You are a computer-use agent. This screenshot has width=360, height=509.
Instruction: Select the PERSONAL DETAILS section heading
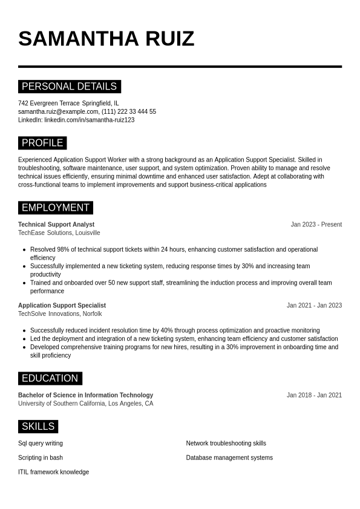coord(69,87)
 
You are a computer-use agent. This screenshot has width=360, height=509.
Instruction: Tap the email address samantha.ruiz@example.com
coord(58,111)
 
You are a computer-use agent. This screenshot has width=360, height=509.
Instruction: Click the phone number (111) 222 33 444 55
coord(129,111)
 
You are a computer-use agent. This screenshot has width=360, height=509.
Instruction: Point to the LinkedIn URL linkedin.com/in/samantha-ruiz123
coord(90,120)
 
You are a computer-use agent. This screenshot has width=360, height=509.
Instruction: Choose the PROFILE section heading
coord(42,143)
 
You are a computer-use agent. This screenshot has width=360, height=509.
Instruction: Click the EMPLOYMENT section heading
coord(55,208)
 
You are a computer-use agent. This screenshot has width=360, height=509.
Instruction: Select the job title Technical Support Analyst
coord(56,225)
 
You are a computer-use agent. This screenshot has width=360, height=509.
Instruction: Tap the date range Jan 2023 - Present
coord(316,225)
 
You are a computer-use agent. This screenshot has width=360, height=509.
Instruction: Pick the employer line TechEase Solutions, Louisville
coord(59,233)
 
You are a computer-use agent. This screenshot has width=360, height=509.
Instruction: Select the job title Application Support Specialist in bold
coord(62,306)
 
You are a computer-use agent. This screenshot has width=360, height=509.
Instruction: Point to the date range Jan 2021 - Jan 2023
coord(314,306)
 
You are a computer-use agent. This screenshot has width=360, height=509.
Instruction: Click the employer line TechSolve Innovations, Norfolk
coord(60,314)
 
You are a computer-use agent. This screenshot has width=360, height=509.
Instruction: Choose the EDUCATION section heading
coord(50,378)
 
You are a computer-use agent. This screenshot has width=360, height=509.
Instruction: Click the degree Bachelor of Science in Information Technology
coord(85,395)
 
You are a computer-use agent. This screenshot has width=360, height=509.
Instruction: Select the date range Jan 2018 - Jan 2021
coord(314,395)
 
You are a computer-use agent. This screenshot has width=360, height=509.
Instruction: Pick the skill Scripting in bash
coord(41,458)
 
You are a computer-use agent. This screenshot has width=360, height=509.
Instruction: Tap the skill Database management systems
coord(229,458)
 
